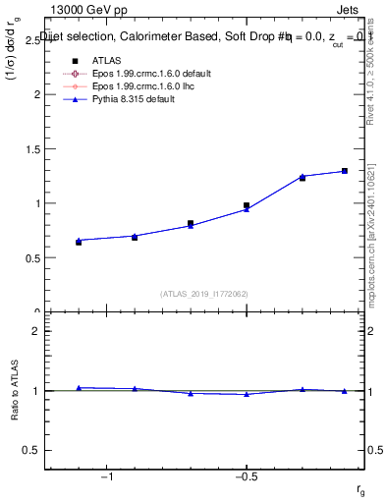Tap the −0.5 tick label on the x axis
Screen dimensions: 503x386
tap(246, 475)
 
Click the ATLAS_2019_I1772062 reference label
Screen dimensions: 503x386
tap(204, 293)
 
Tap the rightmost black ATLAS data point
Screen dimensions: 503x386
tap(345, 171)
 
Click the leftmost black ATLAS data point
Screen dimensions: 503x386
tap(79, 242)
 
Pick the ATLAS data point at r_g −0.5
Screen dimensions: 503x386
tap(247, 205)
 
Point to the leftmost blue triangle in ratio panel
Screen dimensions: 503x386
tap(79, 388)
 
